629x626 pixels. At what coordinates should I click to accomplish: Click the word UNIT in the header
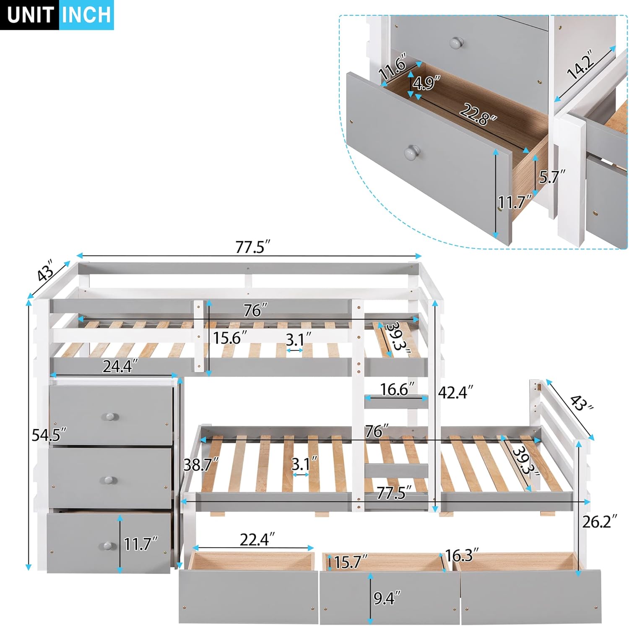(30, 15)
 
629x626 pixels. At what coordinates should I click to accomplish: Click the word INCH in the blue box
(86, 15)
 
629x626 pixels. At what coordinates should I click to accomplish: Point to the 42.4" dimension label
(455, 392)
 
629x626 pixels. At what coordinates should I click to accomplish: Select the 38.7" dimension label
(201, 464)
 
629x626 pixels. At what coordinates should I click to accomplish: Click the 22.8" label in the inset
(478, 114)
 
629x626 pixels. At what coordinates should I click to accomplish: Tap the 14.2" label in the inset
(580, 64)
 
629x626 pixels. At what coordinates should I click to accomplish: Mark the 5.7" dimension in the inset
(552, 177)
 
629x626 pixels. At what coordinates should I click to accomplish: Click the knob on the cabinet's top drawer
(109, 417)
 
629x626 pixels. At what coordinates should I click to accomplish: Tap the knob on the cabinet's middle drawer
(109, 480)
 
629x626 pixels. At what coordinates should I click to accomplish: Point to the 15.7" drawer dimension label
(351, 562)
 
